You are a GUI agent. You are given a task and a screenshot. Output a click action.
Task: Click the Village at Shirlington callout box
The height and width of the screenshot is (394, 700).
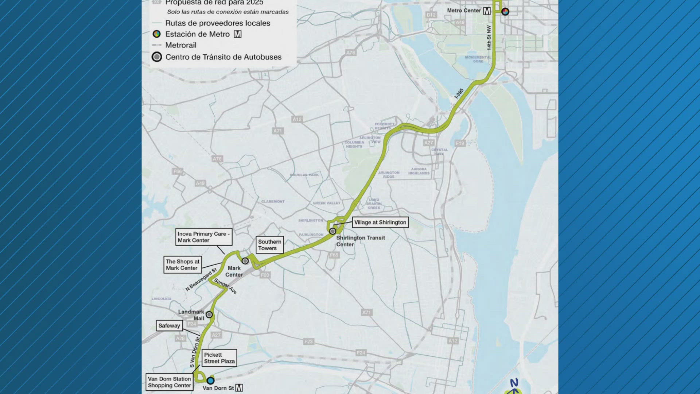point(380,222)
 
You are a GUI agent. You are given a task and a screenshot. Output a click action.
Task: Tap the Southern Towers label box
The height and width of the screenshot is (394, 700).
point(270,245)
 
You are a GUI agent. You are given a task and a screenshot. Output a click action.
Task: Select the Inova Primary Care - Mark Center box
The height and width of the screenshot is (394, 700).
point(203,237)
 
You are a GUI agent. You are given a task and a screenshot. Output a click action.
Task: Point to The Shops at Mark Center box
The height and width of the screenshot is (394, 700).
point(182,265)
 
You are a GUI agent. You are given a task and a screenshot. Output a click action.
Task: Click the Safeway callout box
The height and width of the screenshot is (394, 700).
point(169,325)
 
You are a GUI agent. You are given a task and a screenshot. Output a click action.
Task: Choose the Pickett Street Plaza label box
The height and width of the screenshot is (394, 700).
point(219,358)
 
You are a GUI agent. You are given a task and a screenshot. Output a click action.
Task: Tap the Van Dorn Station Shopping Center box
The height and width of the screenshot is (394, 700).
point(170,382)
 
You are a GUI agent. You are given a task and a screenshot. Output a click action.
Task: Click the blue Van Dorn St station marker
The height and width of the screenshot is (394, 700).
point(210,381)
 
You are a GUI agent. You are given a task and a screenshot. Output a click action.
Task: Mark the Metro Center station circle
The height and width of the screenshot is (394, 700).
point(505,11)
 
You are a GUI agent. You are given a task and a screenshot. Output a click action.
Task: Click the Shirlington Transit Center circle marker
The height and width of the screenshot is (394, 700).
point(332,231)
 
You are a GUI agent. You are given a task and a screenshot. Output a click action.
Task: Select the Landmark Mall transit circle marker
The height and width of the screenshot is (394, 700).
point(209,314)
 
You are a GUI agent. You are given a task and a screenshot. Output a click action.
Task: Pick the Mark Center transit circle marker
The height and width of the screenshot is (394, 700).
point(245,261)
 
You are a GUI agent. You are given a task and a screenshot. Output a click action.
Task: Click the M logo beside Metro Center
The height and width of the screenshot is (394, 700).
point(487,11)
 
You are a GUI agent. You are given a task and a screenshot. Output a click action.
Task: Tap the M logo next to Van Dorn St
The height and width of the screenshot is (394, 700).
point(239,388)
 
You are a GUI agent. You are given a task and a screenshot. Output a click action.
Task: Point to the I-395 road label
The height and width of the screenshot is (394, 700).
point(459,93)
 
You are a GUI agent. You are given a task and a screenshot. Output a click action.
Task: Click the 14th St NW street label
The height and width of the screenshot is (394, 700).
point(489,38)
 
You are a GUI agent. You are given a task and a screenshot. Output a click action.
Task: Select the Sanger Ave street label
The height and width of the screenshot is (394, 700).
point(226,286)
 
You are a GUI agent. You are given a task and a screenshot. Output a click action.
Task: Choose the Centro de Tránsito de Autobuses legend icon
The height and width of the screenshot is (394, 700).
point(157,57)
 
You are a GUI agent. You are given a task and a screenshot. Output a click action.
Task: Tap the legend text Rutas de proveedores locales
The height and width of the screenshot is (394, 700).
point(218,23)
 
